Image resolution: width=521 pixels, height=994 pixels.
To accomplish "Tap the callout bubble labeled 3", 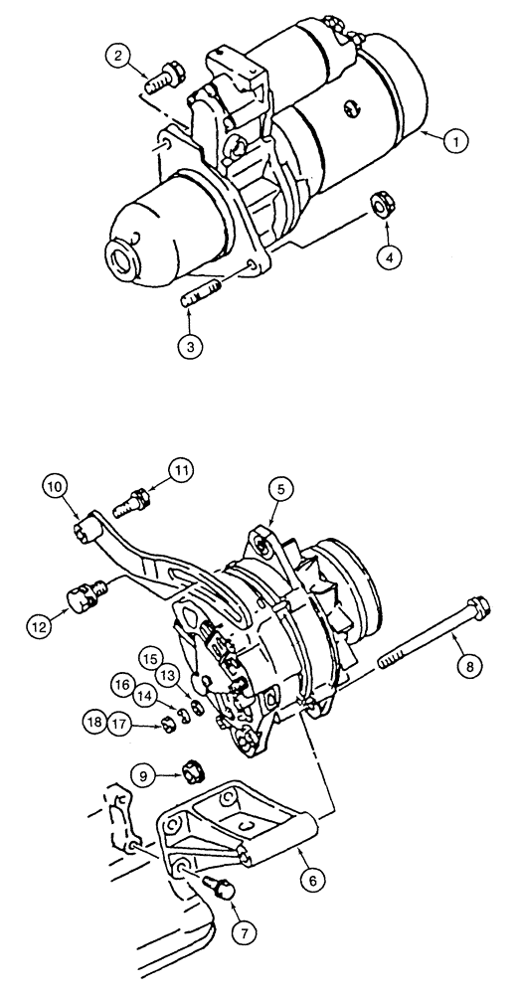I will point(189,347).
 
